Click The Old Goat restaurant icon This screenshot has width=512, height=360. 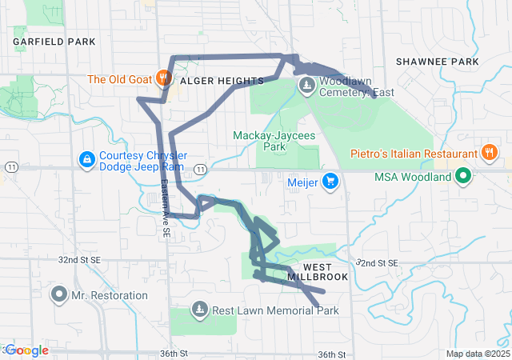[163, 78]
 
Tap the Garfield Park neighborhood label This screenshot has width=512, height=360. [54, 42]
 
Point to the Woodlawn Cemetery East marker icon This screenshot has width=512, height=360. [306, 86]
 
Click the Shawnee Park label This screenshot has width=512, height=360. [437, 62]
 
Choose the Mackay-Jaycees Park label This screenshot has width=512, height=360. [263, 142]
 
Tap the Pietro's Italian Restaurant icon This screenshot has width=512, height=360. [488, 153]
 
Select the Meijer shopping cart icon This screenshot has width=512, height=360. [330, 182]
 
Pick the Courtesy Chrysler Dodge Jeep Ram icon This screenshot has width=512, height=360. [86, 160]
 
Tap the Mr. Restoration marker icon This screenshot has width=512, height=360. [58, 295]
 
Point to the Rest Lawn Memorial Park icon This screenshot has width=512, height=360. [198, 310]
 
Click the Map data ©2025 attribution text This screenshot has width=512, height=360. [478, 354]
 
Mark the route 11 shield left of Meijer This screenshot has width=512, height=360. [199, 169]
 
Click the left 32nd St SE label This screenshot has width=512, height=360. [78, 260]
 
